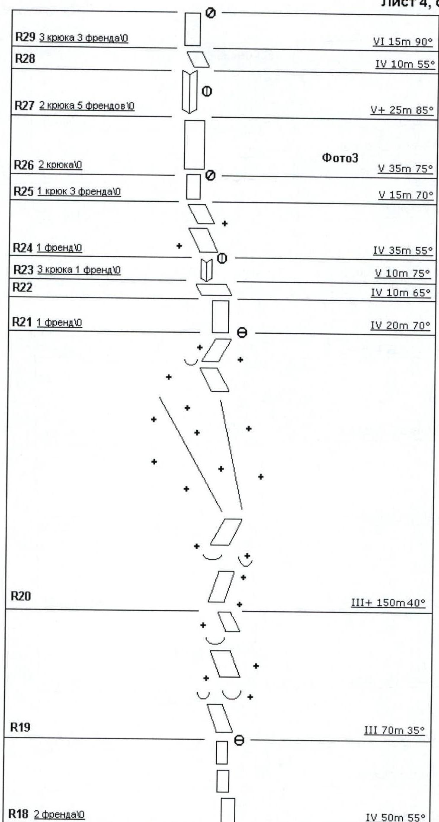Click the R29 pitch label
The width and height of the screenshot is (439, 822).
click(25, 37)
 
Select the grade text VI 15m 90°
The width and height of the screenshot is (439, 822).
click(403, 42)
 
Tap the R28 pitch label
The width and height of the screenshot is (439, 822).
click(25, 58)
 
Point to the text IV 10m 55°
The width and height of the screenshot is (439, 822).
click(404, 64)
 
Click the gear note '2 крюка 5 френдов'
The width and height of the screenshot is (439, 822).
click(87, 106)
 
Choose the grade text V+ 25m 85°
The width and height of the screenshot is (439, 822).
click(402, 110)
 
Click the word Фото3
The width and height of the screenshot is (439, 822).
click(340, 158)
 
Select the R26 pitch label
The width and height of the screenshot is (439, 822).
click(23, 165)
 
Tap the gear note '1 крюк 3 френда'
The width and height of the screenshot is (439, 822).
click(79, 191)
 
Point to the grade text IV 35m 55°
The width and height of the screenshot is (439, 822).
click(403, 251)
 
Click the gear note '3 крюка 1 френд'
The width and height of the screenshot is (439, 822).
click(79, 270)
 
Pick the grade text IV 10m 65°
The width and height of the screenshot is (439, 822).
click(401, 293)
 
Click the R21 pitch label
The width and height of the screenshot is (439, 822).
click(22, 322)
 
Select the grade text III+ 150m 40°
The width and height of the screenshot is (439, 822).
click(388, 603)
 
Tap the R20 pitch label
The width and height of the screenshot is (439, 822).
click(20, 596)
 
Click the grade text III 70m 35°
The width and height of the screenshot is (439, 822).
click(394, 730)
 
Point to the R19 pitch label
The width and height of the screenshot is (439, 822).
click(20, 727)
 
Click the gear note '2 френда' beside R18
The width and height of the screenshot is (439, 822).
click(59, 814)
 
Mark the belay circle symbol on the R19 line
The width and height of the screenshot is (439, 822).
click(239, 740)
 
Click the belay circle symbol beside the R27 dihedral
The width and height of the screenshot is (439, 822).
click(207, 91)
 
